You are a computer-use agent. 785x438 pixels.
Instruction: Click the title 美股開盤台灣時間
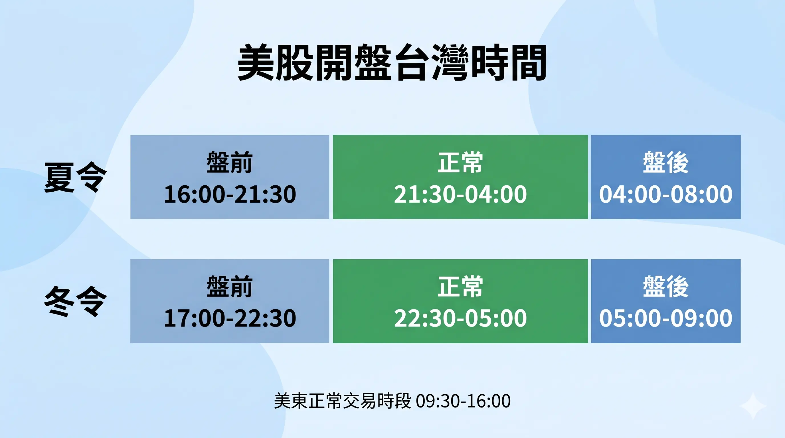tap(392, 63)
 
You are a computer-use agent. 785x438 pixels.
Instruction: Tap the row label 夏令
tap(75, 177)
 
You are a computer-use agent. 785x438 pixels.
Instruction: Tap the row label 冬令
tap(75, 301)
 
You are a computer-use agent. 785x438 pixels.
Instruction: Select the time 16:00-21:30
tap(230, 194)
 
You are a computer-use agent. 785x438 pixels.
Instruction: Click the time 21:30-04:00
tap(460, 194)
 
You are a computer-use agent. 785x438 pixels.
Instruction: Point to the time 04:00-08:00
tap(665, 194)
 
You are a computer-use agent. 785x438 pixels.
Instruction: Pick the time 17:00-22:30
tap(230, 318)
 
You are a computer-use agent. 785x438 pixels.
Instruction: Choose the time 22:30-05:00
tap(460, 318)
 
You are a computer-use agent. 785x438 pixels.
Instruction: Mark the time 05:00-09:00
tap(665, 318)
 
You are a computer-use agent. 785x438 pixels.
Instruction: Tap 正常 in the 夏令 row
tap(460, 162)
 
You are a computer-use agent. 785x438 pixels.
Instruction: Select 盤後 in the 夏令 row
tap(665, 162)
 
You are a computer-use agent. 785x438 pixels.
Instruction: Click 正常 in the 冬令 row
tap(460, 286)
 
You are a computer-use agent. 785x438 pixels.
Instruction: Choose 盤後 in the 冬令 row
tap(665, 286)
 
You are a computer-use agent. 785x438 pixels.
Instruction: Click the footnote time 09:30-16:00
tap(463, 401)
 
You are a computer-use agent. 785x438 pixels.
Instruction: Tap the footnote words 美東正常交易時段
tap(343, 401)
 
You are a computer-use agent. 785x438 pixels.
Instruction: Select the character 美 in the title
tap(255, 63)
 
